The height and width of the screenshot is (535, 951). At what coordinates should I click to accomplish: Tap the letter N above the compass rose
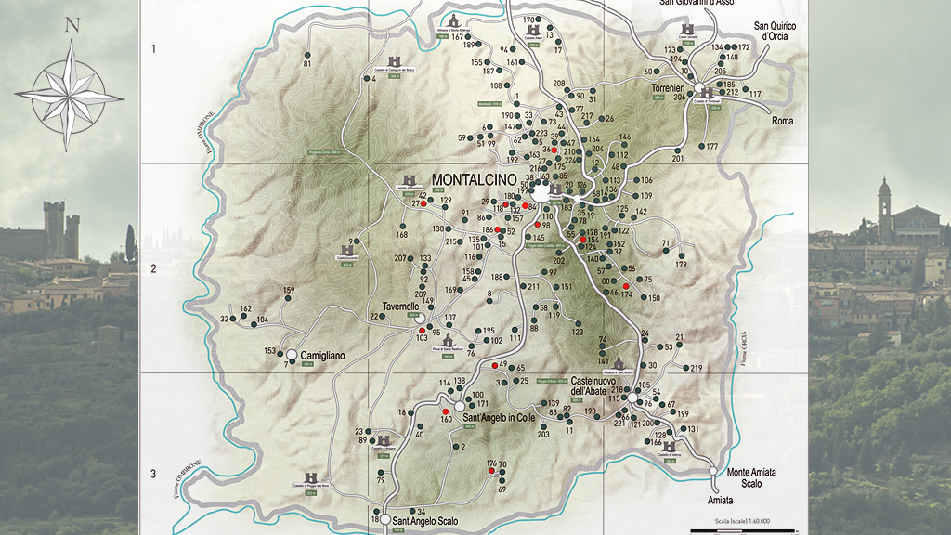pyautogui.click(x=72, y=25)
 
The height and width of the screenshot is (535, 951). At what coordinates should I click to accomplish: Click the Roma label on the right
pyautogui.click(x=782, y=121)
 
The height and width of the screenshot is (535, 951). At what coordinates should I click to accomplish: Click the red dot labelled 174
pyautogui.click(x=626, y=286)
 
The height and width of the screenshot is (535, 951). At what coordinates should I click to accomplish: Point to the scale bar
pyautogui.click(x=733, y=528)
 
